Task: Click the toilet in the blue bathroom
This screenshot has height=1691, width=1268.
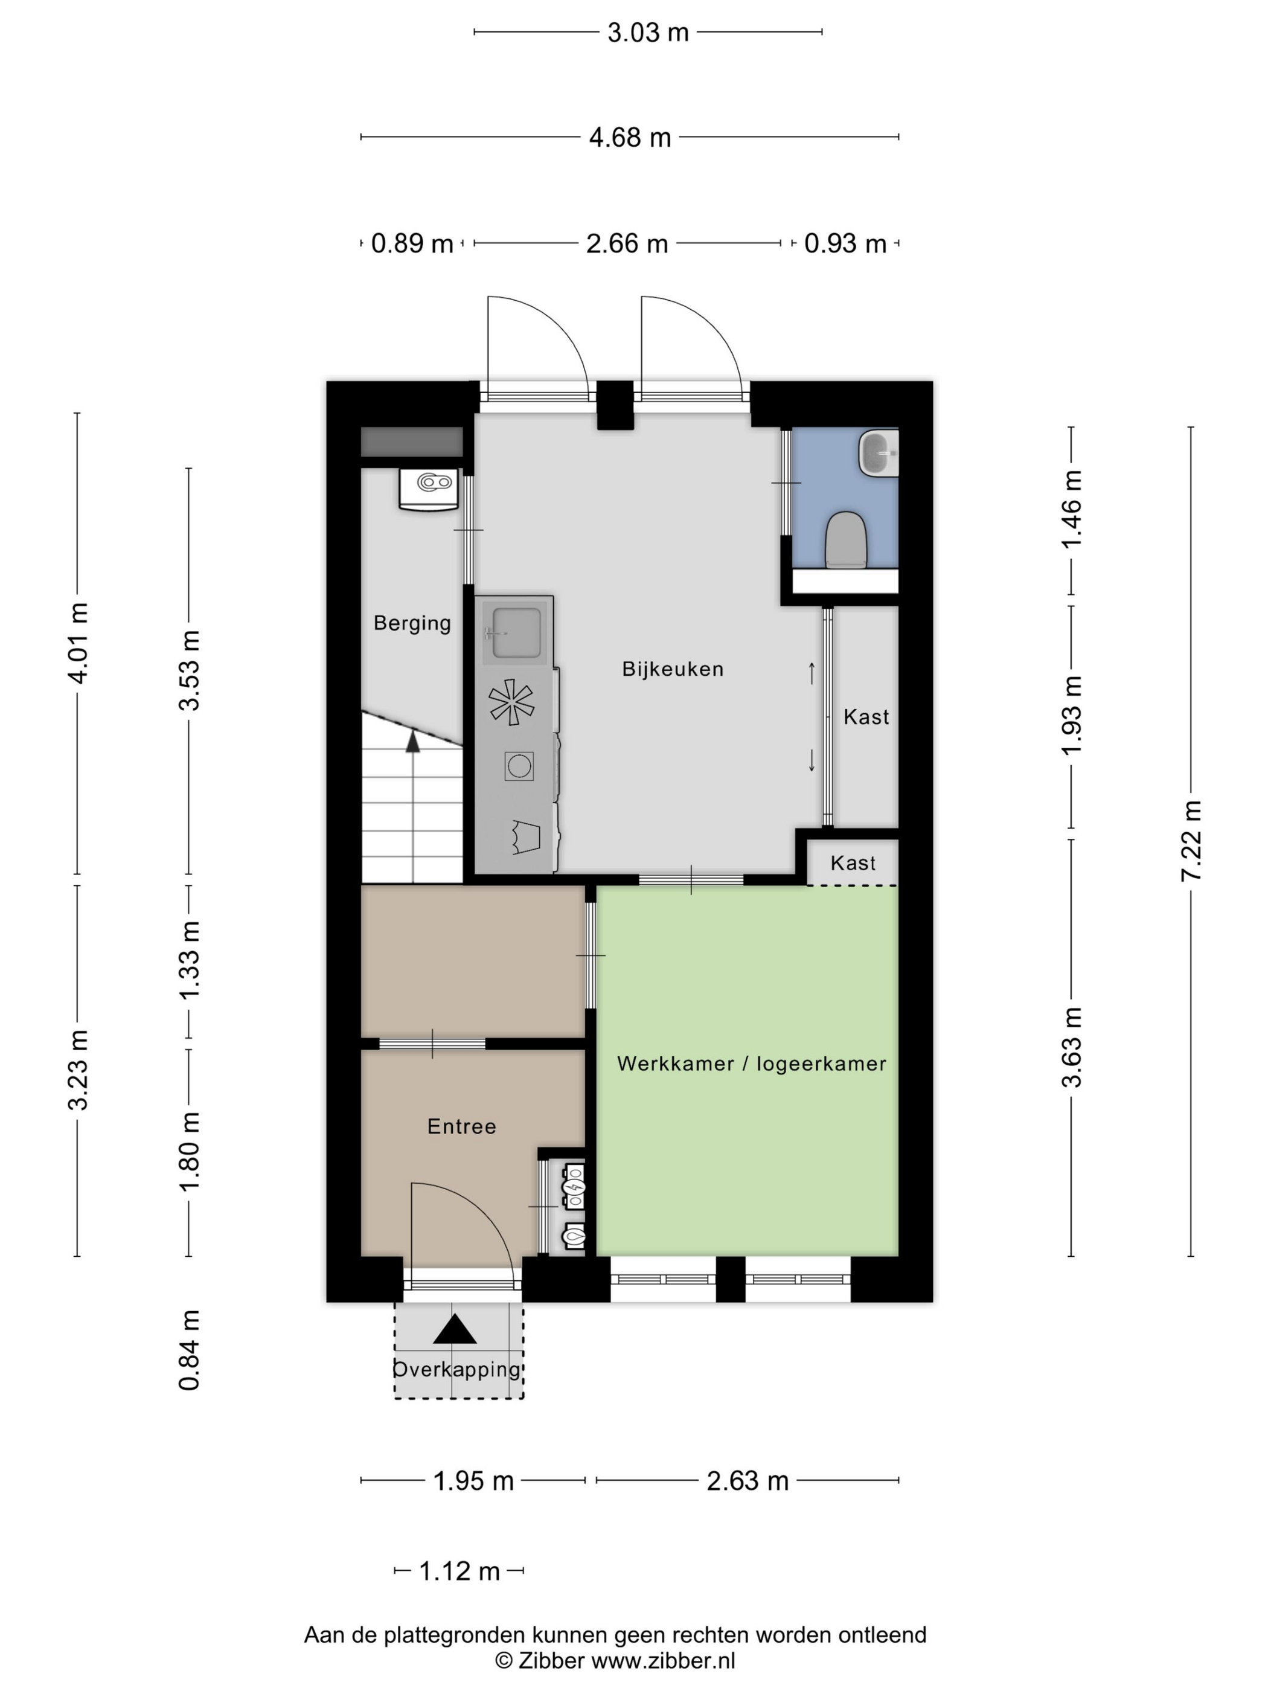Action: pyautogui.click(x=845, y=539)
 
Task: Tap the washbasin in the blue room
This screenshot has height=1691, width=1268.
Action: pyautogui.click(x=879, y=452)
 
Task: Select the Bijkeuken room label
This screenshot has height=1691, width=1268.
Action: pyautogui.click(x=672, y=669)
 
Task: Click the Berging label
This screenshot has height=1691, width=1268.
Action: pyautogui.click(x=412, y=623)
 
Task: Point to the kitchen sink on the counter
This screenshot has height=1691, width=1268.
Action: pyautogui.click(x=516, y=632)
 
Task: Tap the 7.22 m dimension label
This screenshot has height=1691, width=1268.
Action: pyautogui.click(x=1191, y=841)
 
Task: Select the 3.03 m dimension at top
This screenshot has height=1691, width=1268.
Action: pyautogui.click(x=647, y=32)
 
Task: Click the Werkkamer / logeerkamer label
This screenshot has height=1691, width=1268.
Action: pyautogui.click(x=751, y=1064)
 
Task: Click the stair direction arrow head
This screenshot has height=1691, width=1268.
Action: pyautogui.click(x=413, y=740)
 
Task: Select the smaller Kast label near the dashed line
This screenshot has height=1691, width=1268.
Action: pyautogui.click(x=852, y=863)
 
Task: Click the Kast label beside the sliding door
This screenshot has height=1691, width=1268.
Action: pyautogui.click(x=866, y=717)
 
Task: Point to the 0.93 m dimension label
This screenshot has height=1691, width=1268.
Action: pyautogui.click(x=845, y=243)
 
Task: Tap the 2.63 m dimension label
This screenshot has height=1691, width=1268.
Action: pyautogui.click(x=747, y=1481)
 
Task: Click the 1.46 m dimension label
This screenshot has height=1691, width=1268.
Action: pyautogui.click(x=1071, y=509)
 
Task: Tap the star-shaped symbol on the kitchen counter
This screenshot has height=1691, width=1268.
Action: pyautogui.click(x=511, y=702)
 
